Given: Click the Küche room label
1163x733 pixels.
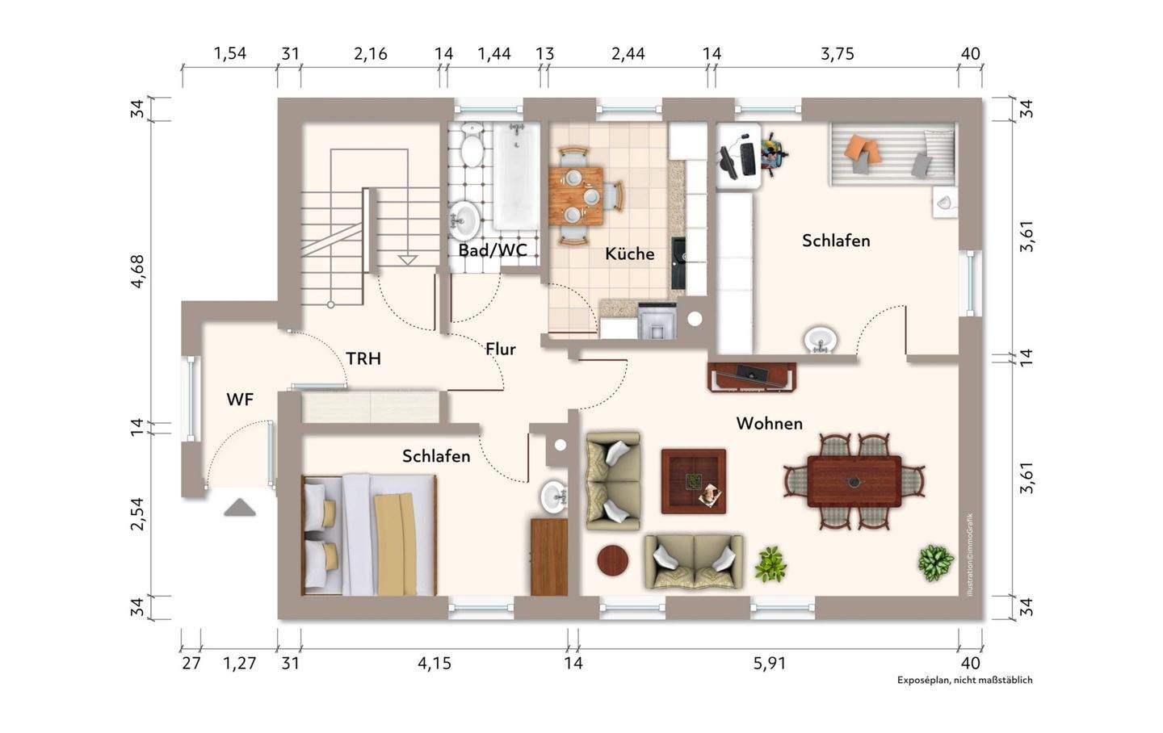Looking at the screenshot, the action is click(x=629, y=253).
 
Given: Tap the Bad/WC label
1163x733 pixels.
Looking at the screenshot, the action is click(x=492, y=250).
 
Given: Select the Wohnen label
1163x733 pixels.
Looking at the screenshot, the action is click(x=770, y=424).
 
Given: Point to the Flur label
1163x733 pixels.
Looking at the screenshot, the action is click(x=501, y=349).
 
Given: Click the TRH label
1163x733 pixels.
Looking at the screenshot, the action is click(x=363, y=358).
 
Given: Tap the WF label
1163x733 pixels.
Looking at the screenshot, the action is click(x=240, y=400).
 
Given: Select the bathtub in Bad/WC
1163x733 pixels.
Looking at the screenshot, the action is click(x=517, y=176).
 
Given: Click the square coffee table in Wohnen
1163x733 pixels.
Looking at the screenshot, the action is click(x=694, y=481).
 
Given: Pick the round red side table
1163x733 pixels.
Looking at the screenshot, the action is click(x=613, y=561).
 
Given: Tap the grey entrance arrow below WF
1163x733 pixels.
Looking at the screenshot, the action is click(x=240, y=507).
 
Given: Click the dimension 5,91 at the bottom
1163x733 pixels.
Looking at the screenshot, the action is click(x=770, y=663).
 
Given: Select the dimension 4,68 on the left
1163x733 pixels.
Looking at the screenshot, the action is click(x=138, y=271).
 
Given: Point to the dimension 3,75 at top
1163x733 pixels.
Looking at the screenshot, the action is click(x=837, y=54).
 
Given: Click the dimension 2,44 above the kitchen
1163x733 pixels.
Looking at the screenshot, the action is click(x=628, y=54).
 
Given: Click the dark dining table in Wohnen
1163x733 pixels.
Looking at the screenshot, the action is click(x=854, y=481).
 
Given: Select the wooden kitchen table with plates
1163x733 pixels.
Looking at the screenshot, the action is click(x=576, y=195).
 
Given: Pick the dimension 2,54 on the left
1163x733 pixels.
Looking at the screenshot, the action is click(x=138, y=514).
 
